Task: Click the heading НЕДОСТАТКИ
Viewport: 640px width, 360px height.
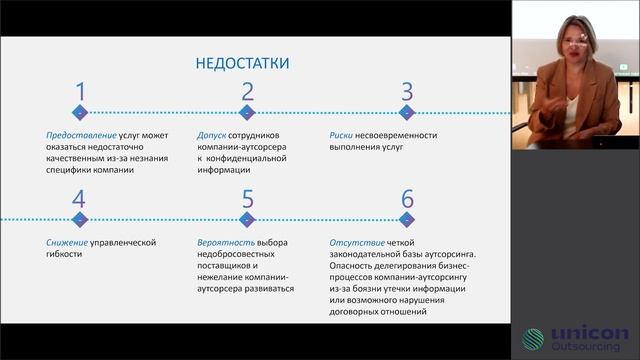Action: pos(243,63)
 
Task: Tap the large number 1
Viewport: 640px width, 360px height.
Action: pos(80,93)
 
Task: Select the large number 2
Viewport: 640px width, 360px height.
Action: pos(247,93)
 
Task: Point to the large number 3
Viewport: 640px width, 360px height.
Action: pos(407,93)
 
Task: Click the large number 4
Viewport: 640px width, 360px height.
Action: pos(79,198)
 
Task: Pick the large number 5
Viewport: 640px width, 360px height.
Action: pos(247,198)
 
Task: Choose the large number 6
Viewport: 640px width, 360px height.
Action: pos(407,198)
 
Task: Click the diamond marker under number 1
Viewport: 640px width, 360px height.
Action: pos(80,112)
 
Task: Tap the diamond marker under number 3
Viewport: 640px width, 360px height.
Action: pos(407,112)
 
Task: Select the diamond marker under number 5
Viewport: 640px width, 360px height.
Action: pos(247,217)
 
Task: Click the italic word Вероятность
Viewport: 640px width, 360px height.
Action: pos(226,240)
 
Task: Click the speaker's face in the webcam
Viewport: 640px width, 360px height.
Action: pos(579,43)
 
